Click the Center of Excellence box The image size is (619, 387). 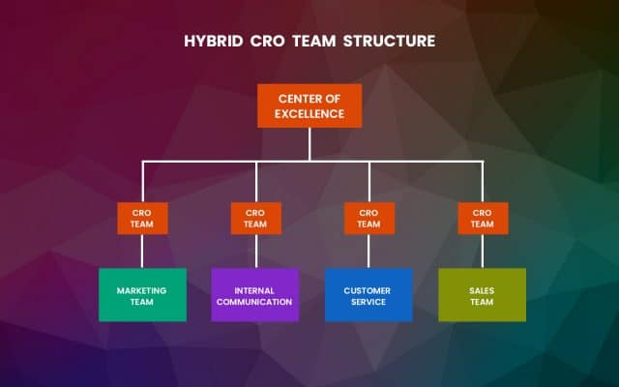pyautogui.click(x=309, y=105)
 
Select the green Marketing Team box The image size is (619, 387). pyautogui.click(x=142, y=295)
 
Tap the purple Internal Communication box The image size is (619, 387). pyautogui.click(x=255, y=295)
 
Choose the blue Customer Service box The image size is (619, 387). pyautogui.click(x=368, y=295)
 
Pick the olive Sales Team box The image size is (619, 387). pyautogui.click(x=482, y=295)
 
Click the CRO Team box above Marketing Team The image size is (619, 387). pyautogui.click(x=142, y=218)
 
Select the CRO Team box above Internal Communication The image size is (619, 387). pyautogui.click(x=255, y=218)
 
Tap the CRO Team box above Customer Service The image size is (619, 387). pyautogui.click(x=368, y=218)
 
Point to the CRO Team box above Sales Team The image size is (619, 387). pyautogui.click(x=482, y=218)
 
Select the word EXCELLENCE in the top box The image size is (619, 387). pyautogui.click(x=309, y=113)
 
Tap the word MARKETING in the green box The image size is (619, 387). pyautogui.click(x=142, y=289)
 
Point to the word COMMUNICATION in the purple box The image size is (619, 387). pyautogui.click(x=255, y=302)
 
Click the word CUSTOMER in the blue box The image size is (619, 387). pyautogui.click(x=368, y=289)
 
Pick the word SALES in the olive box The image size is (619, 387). pyautogui.click(x=482, y=289)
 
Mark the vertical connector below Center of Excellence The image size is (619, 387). pyautogui.click(x=309, y=143)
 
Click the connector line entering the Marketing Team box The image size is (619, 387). pyautogui.click(x=142, y=251)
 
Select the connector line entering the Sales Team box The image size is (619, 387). pyautogui.click(x=482, y=251)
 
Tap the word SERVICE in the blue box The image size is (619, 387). pyautogui.click(x=368, y=302)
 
